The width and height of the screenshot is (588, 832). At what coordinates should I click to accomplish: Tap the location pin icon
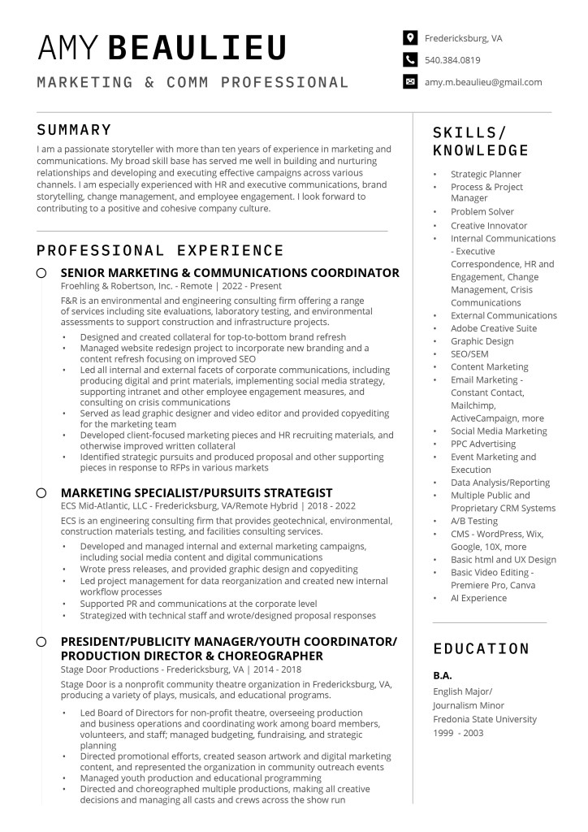pyautogui.click(x=410, y=37)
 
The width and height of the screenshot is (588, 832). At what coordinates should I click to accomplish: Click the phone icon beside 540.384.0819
pyautogui.click(x=410, y=59)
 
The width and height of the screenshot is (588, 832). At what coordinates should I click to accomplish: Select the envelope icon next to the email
pyautogui.click(x=410, y=82)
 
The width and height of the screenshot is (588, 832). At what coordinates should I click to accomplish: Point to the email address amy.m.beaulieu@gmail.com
pyautogui.click(x=483, y=82)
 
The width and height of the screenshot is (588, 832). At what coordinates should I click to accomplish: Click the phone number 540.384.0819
pyautogui.click(x=452, y=59)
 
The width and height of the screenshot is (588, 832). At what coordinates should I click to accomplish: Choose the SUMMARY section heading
pyautogui.click(x=74, y=130)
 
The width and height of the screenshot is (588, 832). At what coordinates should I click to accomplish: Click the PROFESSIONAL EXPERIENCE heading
pyautogui.click(x=160, y=250)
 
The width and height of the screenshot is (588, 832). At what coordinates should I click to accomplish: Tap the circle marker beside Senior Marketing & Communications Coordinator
pyautogui.click(x=41, y=273)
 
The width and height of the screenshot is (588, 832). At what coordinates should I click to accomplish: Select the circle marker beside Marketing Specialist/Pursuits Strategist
pyautogui.click(x=41, y=492)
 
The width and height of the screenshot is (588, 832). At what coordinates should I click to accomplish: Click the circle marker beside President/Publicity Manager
pyautogui.click(x=41, y=642)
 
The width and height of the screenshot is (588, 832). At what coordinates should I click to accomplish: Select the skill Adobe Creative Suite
pyautogui.click(x=494, y=328)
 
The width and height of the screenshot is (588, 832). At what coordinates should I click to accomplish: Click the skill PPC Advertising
pyautogui.click(x=483, y=444)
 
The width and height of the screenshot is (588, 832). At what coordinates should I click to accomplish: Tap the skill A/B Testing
pyautogui.click(x=474, y=521)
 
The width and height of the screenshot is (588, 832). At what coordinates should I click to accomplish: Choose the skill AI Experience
pyautogui.click(x=478, y=598)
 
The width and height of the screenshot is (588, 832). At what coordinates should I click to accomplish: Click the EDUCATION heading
pyautogui.click(x=481, y=648)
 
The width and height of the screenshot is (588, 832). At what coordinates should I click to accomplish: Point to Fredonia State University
pyautogui.click(x=485, y=719)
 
